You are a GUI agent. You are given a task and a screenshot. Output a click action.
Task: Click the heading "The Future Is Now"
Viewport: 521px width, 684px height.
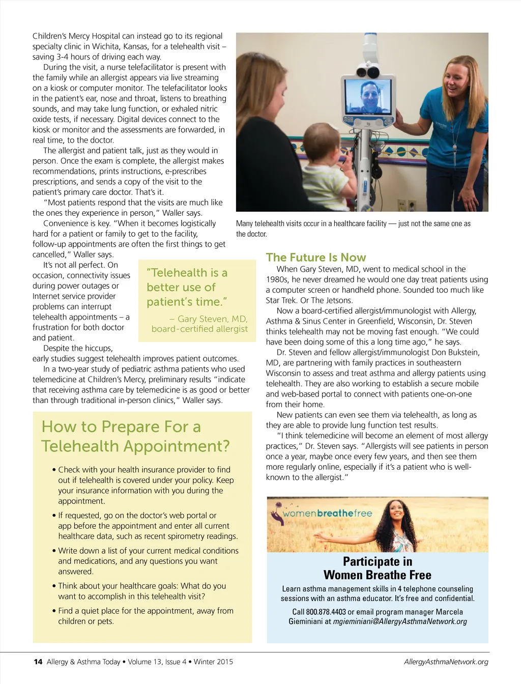click(x=315, y=258)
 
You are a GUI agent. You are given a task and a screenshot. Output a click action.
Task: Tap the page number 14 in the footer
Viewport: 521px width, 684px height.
click(x=38, y=662)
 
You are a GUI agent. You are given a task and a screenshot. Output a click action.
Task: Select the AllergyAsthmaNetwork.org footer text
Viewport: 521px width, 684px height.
click(x=446, y=662)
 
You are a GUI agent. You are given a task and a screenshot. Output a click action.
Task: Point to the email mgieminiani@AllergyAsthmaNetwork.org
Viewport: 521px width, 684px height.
click(x=399, y=621)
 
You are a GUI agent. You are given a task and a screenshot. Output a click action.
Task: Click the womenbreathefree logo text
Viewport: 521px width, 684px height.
click(x=327, y=514)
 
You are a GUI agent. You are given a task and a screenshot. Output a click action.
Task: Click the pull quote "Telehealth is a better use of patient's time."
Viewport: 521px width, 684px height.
click(x=187, y=287)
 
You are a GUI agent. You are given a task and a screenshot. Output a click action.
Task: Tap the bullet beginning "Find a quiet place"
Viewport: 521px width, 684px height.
click(x=146, y=616)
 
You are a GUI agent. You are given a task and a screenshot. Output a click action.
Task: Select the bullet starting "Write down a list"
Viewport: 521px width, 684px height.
click(x=148, y=561)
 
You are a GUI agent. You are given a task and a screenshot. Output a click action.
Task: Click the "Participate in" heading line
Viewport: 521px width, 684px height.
click(x=378, y=561)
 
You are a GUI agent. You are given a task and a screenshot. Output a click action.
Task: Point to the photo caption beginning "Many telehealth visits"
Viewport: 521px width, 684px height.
click(x=353, y=229)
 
